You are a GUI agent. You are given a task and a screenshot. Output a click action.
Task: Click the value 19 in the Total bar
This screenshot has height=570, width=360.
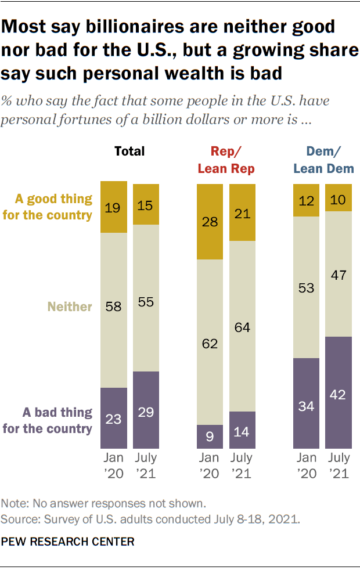[114, 207]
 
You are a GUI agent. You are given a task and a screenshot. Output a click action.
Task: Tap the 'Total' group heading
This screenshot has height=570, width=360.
[129, 151]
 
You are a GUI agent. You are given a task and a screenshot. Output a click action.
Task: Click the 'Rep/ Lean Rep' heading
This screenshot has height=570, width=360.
[226, 160]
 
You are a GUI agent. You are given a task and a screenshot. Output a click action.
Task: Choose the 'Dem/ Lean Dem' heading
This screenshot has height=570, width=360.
[322, 160]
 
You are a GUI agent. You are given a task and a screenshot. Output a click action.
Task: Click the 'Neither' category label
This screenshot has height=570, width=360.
[70, 306]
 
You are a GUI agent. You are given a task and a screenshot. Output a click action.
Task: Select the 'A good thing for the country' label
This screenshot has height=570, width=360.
[55, 207]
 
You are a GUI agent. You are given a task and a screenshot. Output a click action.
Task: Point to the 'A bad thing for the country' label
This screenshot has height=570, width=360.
[57, 421]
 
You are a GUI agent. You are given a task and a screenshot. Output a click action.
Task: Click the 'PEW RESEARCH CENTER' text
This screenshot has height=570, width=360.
[68, 542]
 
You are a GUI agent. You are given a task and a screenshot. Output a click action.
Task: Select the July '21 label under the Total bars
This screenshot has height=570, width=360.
[146, 466]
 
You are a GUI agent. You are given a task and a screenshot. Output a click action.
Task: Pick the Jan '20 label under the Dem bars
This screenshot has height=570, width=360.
[306, 466]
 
